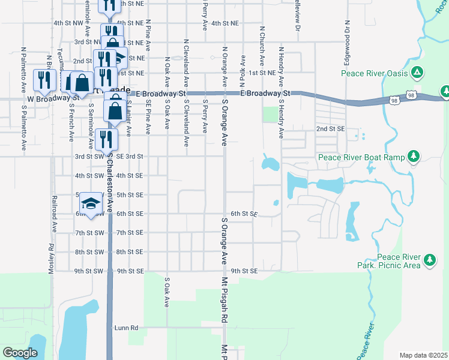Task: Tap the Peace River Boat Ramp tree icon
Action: (413, 157)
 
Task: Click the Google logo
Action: (20, 353)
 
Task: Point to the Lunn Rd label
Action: (127, 328)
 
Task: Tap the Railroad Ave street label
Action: (54, 213)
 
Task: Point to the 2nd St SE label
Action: (330, 129)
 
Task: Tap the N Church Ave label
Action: (262, 46)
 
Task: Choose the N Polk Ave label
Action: (243, 69)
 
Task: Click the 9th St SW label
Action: (89, 271)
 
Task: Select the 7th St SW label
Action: (89, 233)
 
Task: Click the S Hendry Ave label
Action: (281, 118)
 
